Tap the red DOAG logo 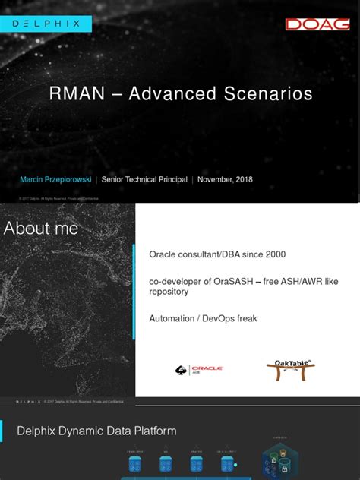point(317,24)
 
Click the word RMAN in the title point(78,94)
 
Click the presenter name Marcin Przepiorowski point(55,180)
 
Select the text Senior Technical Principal point(144,180)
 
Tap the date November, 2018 point(225,180)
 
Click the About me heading point(41,229)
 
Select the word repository point(169,292)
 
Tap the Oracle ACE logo point(198,370)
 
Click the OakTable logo point(291,370)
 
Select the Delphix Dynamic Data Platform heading point(96,431)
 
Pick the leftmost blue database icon point(135,465)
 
